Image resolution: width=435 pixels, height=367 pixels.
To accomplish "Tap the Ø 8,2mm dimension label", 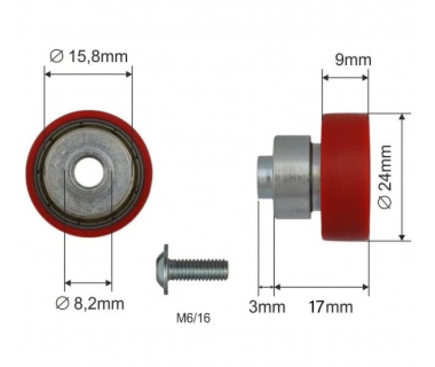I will coord(89,303).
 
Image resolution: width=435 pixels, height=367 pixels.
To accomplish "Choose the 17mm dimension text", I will coord(331,306).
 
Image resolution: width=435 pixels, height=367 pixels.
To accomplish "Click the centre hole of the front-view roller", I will coord(89,173).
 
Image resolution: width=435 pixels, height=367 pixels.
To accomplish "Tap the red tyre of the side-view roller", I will coord(345,177).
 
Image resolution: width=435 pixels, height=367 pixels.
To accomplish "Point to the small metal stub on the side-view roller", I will coord(265,177).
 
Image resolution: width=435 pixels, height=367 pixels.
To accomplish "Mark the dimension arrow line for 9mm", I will coord(345,78).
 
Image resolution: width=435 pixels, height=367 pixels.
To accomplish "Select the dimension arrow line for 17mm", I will coord(321,286).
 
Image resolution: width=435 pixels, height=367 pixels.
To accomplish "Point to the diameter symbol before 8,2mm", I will coord(61,303).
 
